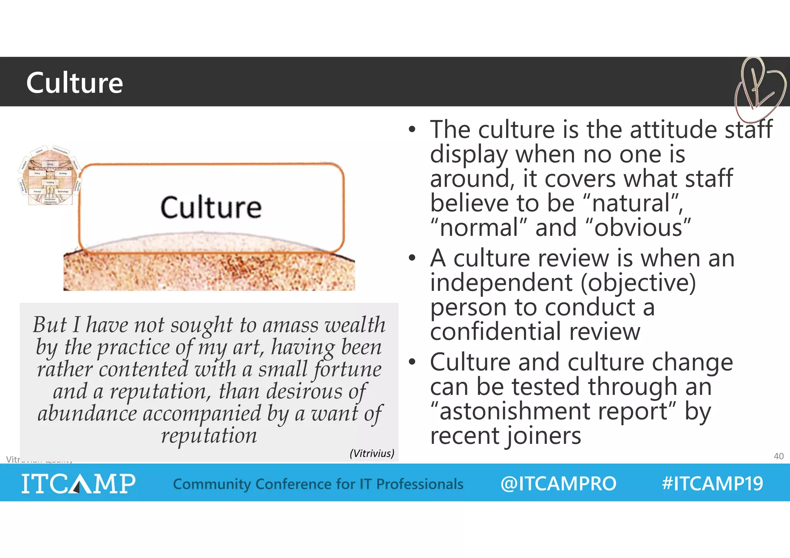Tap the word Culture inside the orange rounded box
click(211, 207)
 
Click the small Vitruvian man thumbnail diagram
click(49, 175)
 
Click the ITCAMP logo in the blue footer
click(78, 483)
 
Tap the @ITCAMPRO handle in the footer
click(558, 484)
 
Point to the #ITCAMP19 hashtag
click(712, 484)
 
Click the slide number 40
click(778, 456)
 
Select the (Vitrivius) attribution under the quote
click(372, 453)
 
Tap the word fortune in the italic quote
click(347, 369)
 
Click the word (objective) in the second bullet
click(638, 283)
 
